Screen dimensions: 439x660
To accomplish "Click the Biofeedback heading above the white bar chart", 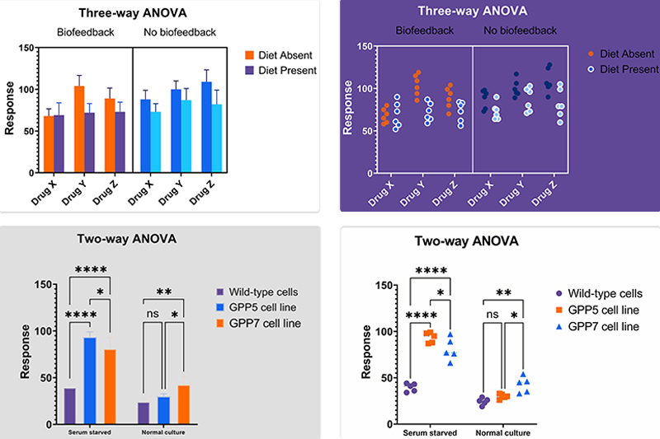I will point(86,33).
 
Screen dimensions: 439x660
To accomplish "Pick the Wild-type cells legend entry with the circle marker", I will point(596,293).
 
